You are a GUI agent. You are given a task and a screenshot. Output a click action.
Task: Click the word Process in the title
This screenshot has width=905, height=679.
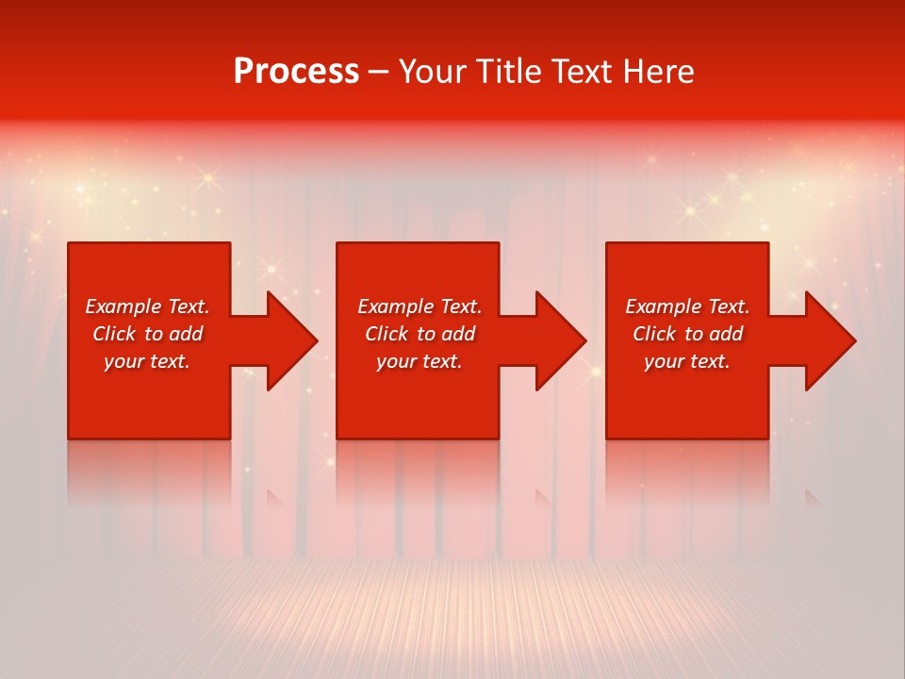click(x=296, y=72)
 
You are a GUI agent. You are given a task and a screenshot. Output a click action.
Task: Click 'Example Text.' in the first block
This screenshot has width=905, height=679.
click(x=147, y=306)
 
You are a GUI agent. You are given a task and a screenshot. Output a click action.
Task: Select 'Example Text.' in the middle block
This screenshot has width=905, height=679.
click(x=420, y=306)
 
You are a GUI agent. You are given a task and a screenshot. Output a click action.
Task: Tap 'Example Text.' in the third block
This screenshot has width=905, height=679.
click(x=687, y=306)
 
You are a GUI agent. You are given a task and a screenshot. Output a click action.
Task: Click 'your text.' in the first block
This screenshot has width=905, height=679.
click(x=147, y=361)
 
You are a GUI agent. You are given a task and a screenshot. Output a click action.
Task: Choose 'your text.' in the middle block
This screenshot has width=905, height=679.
click(x=420, y=361)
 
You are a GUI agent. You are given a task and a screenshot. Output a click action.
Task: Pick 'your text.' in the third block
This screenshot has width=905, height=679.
click(x=687, y=361)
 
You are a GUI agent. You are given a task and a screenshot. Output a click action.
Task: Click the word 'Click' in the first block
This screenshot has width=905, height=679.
click(x=114, y=334)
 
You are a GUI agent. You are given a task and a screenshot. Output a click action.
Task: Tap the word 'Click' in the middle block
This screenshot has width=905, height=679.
click(x=387, y=334)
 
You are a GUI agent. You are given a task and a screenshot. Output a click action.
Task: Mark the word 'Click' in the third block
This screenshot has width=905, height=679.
click(x=654, y=334)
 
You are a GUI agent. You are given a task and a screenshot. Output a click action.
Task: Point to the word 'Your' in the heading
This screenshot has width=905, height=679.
click(x=431, y=72)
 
